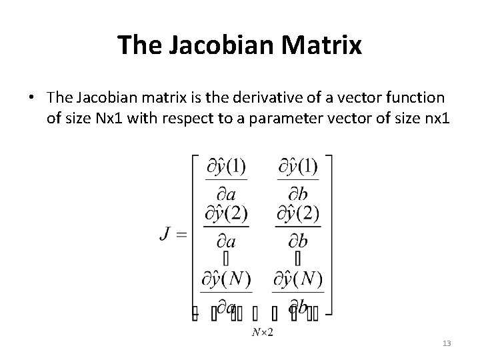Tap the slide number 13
pyautogui.click(x=446, y=343)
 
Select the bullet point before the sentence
pyautogui.click(x=31, y=98)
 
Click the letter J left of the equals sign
pyautogui.click(x=166, y=235)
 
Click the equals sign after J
pyautogui.click(x=183, y=235)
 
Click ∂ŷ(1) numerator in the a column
pyautogui.click(x=225, y=166)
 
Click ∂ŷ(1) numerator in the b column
pyautogui.click(x=297, y=166)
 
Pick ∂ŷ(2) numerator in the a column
pyautogui.click(x=226, y=214)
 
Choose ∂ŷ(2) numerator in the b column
pyautogui.click(x=297, y=214)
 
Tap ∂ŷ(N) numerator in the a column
pyautogui.click(x=226, y=279)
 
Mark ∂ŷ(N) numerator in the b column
pyautogui.click(x=298, y=279)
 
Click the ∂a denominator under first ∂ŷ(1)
pyautogui.click(x=225, y=193)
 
